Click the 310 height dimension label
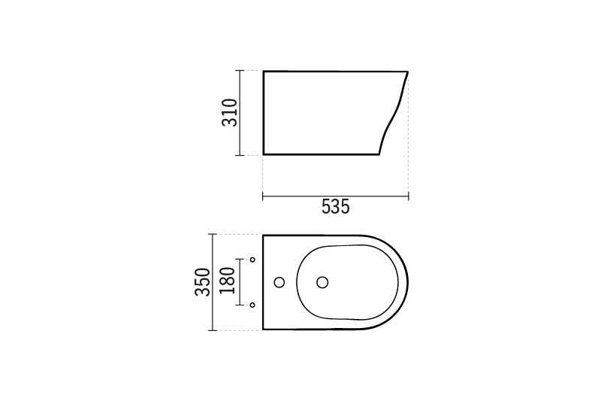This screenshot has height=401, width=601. coord(230,112)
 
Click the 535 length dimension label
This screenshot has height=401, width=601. coord(335,207)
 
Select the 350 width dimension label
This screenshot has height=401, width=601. coord(203,282)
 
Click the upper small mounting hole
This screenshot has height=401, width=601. coord(252,260)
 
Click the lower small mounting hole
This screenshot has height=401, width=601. coord(252,305)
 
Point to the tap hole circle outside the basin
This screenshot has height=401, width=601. coord(279,282)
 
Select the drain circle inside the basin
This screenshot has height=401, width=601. coord(322,282)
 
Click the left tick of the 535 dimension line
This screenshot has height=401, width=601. coord(262,196)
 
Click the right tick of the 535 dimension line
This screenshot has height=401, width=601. coord(409,196)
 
